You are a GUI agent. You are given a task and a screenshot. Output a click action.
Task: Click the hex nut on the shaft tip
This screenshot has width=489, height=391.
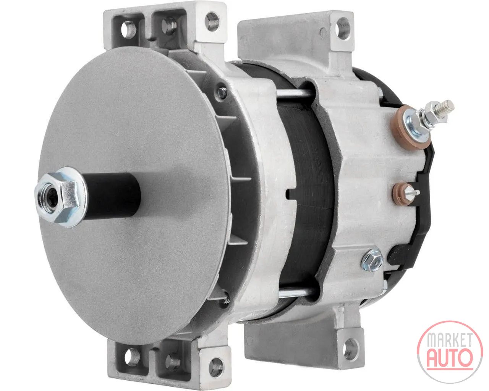(x=61, y=197)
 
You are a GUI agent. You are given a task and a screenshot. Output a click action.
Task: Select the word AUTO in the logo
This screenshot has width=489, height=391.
(x=449, y=358)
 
